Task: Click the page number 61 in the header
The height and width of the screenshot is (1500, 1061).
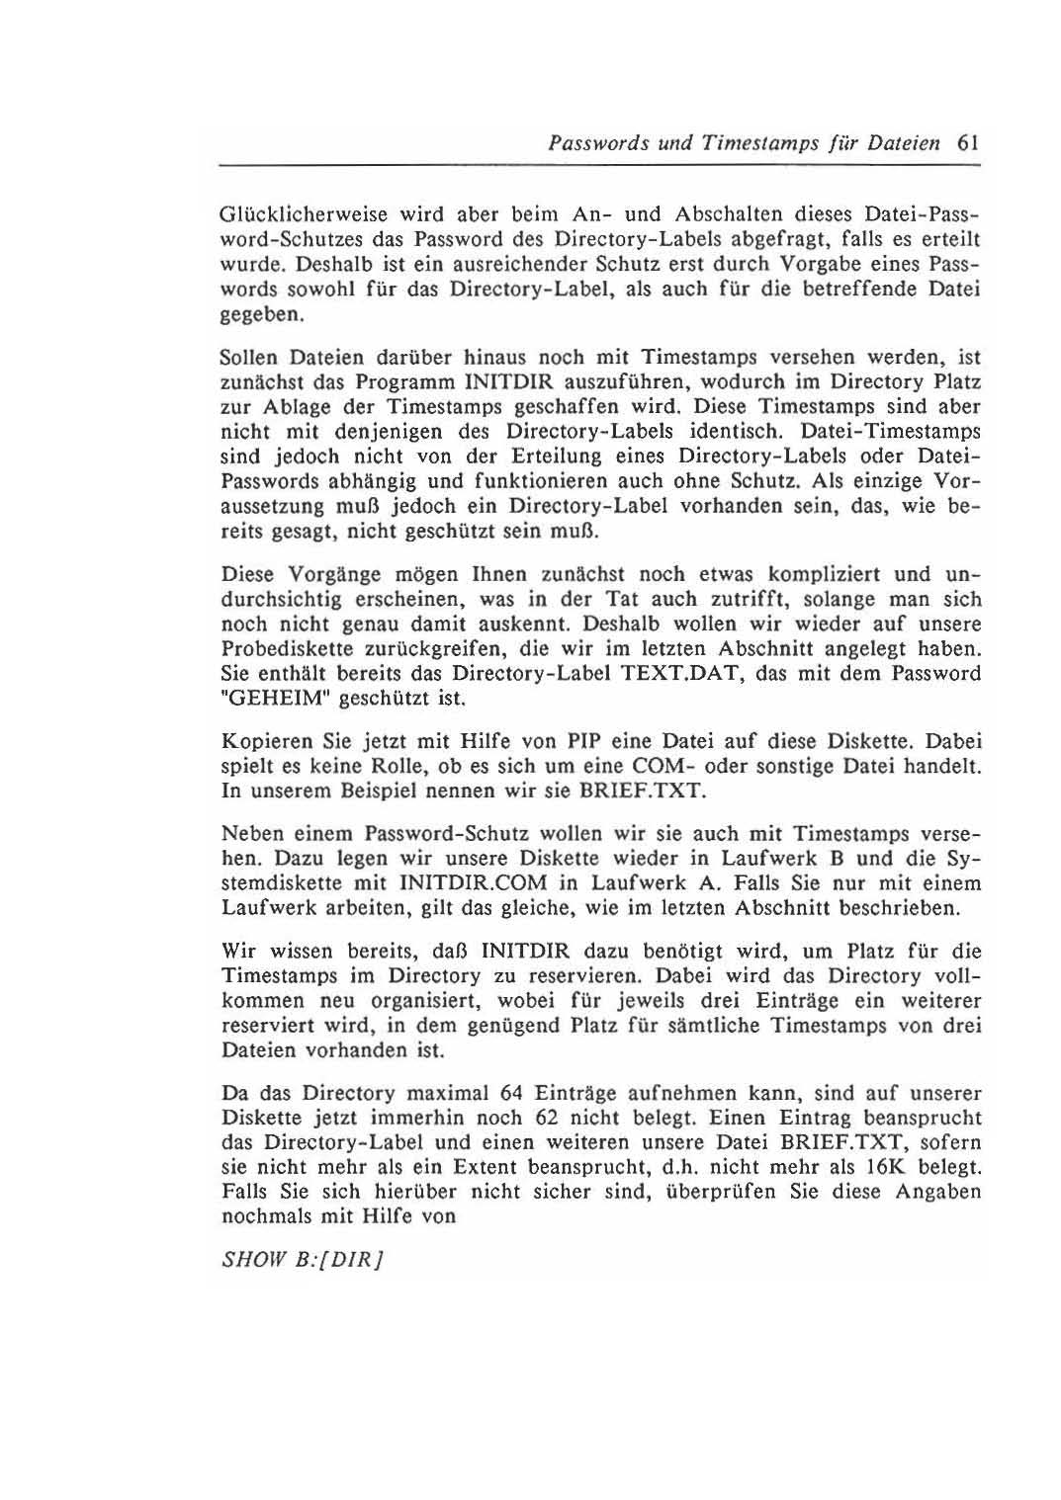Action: (968, 142)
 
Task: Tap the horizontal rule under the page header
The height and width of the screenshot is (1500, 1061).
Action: (599, 166)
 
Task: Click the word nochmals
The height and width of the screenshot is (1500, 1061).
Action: (264, 1216)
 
